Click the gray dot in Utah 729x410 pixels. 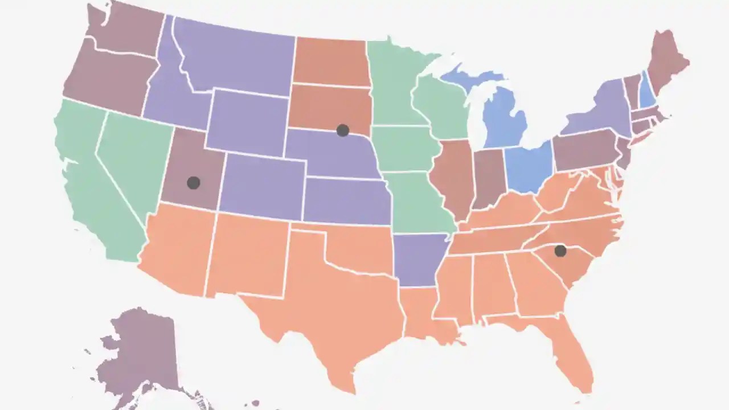[194, 183]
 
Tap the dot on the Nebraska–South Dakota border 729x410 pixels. [342, 130]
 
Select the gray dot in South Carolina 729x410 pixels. [560, 251]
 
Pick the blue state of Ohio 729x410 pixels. [529, 166]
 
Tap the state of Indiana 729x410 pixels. [489, 178]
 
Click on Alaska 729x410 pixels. [140, 353]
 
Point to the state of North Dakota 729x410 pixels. [330, 61]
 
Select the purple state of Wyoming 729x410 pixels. [248, 122]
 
